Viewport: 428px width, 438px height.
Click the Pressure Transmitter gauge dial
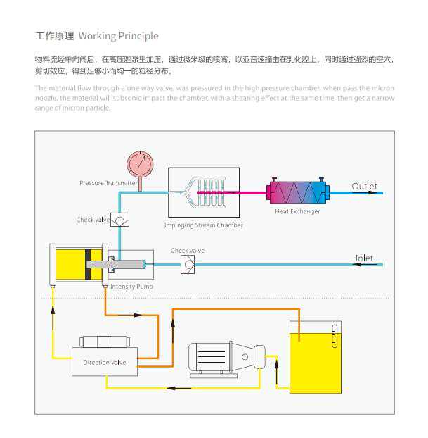139,165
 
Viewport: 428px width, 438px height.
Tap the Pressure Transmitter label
108,183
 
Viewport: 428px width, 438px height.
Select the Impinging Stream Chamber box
203,192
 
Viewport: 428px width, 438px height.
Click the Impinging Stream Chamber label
204,225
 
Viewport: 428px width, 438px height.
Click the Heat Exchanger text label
297,211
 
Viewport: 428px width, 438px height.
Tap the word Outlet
364,187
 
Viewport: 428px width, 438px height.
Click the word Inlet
364,258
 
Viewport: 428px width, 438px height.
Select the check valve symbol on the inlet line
188,265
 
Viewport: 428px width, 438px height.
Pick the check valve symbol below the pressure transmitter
119,220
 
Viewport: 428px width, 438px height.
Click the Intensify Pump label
131,287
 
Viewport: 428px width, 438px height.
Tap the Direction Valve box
104,362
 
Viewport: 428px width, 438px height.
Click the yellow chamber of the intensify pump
70,265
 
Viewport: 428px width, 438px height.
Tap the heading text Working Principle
118,36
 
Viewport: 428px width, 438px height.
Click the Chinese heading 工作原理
55,36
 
